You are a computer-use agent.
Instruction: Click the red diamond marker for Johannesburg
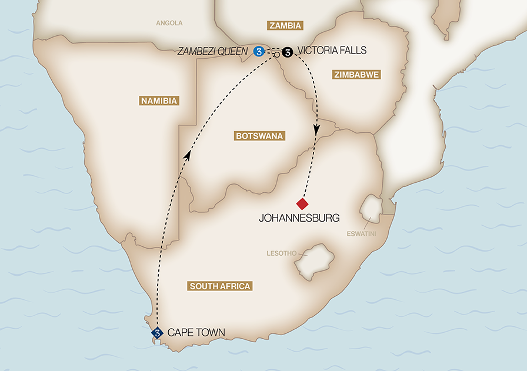pyautogui.click(x=302, y=204)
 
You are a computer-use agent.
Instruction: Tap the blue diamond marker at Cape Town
pyautogui.click(x=157, y=333)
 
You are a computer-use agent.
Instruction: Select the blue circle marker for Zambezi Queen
pyautogui.click(x=258, y=52)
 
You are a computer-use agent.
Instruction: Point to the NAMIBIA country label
pyautogui.click(x=159, y=101)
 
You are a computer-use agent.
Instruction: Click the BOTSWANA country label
pyautogui.click(x=259, y=136)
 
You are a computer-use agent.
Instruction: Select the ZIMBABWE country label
pyautogui.click(x=356, y=75)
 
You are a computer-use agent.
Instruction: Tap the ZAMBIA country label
pyautogui.click(x=285, y=25)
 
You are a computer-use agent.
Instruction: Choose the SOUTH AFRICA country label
pyautogui.click(x=221, y=286)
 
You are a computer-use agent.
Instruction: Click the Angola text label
pyautogui.click(x=169, y=24)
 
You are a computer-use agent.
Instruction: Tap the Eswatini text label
pyautogui.click(x=361, y=234)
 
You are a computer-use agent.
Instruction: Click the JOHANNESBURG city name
pyautogui.click(x=299, y=218)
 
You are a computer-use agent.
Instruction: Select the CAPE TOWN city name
pyautogui.click(x=196, y=333)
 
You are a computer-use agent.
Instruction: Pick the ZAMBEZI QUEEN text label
pyautogui.click(x=213, y=51)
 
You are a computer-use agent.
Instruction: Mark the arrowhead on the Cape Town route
pyautogui.click(x=188, y=155)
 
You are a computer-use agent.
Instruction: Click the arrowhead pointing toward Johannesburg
pyautogui.click(x=316, y=131)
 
